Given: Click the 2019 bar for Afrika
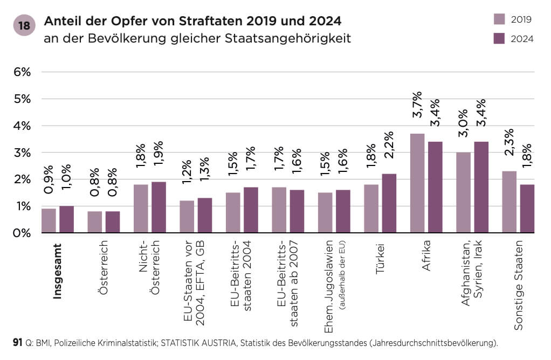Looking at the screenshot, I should tap(417, 183).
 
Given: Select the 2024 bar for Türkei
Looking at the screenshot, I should tap(389, 203).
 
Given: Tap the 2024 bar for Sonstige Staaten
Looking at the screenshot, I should tap(527, 209).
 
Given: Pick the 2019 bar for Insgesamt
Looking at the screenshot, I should tap(49, 221).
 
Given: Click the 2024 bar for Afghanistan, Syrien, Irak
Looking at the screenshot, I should tap(481, 187).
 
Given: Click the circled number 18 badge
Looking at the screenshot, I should tap(24, 26).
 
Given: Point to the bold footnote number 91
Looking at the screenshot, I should tap(17, 342).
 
